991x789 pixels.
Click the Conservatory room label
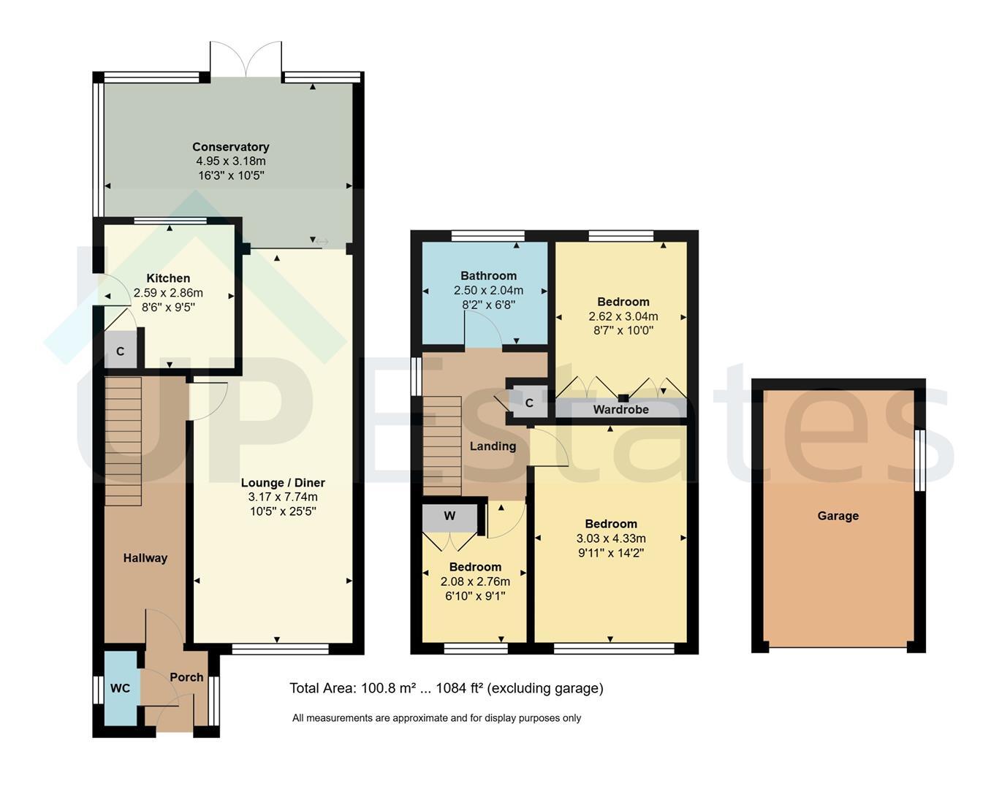pyautogui.click(x=231, y=147)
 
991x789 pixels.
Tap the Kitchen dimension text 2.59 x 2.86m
pyautogui.click(x=168, y=293)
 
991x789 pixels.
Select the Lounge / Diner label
pyautogui.click(x=283, y=482)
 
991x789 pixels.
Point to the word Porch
pyautogui.click(x=186, y=677)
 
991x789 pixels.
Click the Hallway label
pyautogui.click(x=145, y=558)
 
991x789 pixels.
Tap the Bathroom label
pyautogui.click(x=489, y=275)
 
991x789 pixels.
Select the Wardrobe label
pyautogui.click(x=620, y=409)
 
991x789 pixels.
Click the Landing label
pyautogui.click(x=493, y=446)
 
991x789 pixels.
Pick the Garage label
pyautogui.click(x=838, y=516)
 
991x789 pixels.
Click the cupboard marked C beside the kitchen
pyautogui.click(x=121, y=351)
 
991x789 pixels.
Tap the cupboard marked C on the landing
pyautogui.click(x=530, y=403)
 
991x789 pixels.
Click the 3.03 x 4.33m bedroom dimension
pyautogui.click(x=611, y=538)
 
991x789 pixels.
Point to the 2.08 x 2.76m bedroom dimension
pyautogui.click(x=475, y=582)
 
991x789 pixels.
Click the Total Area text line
pyautogui.click(x=447, y=687)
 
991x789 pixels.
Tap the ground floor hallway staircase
pyautogui.click(x=123, y=441)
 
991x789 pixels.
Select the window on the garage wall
pyautogui.click(x=919, y=460)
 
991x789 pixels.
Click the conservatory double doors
pyautogui.click(x=246, y=59)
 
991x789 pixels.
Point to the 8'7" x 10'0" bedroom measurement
pyautogui.click(x=623, y=330)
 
